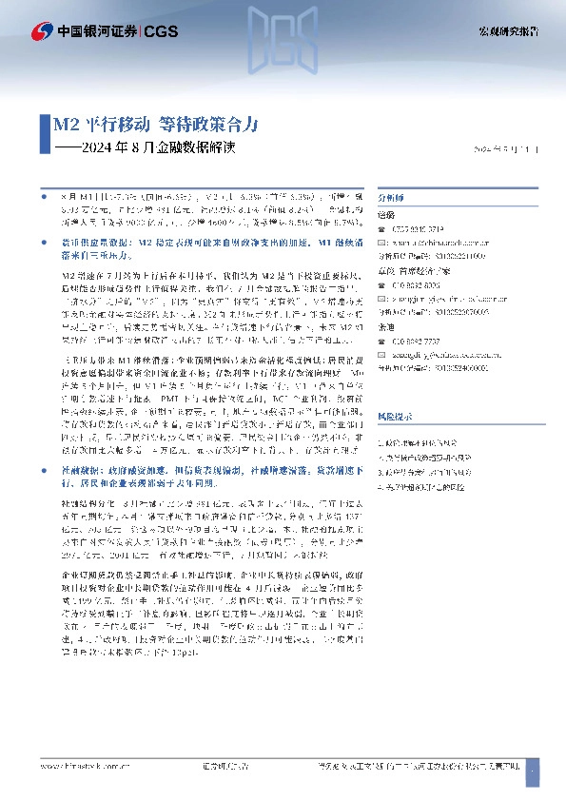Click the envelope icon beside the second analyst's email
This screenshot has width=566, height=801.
pyautogui.click(x=384, y=297)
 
